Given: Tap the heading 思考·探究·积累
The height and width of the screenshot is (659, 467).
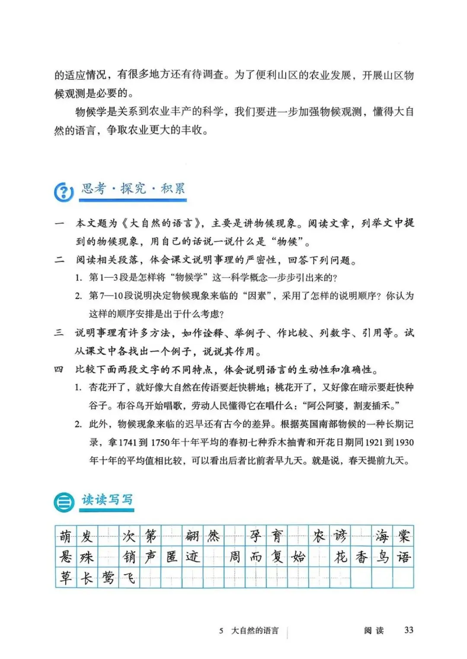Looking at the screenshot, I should click(133, 189).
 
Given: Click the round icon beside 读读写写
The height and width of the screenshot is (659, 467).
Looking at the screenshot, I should click(64, 502).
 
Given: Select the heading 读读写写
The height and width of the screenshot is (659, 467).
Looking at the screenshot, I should click(107, 500).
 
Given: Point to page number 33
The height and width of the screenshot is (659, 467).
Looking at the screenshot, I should click(409, 630).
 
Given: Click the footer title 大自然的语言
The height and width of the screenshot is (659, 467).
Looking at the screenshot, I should click(255, 630).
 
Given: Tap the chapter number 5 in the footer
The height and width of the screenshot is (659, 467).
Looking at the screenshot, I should click(221, 631).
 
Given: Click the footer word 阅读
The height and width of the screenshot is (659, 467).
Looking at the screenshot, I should click(374, 630).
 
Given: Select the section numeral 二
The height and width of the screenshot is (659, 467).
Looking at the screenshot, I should click(59, 260).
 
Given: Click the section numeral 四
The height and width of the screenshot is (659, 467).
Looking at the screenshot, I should click(59, 370).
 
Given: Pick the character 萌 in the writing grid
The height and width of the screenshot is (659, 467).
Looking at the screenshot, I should click(66, 536).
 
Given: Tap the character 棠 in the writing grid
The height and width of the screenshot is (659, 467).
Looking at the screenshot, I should click(403, 536).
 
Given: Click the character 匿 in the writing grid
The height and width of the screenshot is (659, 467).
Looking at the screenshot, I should click(172, 557).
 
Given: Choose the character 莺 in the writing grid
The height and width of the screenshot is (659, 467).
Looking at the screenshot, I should click(108, 578).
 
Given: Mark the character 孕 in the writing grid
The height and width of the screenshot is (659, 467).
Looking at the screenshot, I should click(256, 536).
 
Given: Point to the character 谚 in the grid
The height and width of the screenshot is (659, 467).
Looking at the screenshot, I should click(340, 536).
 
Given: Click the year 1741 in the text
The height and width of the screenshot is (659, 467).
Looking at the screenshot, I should click(128, 443).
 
